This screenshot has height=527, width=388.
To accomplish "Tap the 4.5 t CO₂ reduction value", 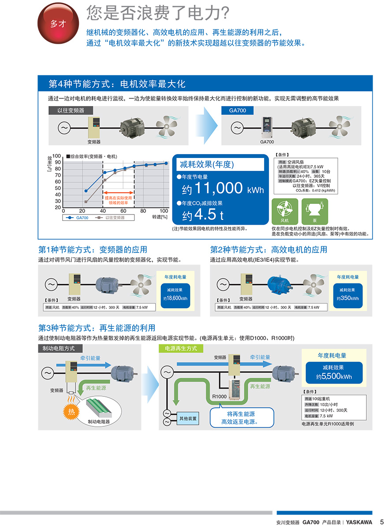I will point(204,215).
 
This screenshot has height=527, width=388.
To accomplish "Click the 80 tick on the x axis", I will point(143,211).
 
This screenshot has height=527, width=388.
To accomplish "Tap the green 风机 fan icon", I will point(284,211).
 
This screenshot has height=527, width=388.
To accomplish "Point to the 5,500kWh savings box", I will point(333,373).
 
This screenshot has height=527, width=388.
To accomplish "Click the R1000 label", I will point(219,396).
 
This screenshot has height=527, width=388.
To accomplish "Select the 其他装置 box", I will point(188,418).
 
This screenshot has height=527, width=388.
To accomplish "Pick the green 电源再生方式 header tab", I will point(181,348).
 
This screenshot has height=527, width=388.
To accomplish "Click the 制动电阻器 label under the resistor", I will point(99,422).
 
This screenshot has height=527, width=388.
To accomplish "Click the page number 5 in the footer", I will point(382,522).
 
